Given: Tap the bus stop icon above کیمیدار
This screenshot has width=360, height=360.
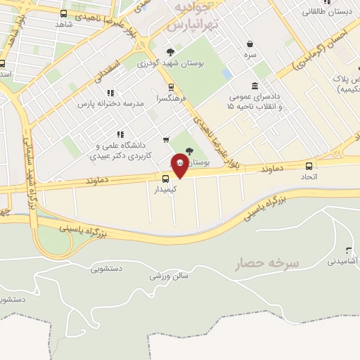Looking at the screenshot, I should (166, 179).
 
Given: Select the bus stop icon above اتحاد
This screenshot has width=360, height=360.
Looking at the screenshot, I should (309, 166).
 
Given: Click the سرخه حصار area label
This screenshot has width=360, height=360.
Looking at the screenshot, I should (269, 262).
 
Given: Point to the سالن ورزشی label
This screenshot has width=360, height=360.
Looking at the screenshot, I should (169, 276).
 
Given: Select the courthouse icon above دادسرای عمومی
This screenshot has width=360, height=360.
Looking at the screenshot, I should (253, 86).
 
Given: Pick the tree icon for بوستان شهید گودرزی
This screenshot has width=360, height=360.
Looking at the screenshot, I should (171, 52).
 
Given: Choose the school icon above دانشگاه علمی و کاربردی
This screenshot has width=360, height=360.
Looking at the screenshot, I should (121, 134).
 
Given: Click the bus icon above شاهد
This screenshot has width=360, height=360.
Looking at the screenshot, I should (64, 13).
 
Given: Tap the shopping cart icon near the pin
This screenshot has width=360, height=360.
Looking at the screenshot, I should (166, 139).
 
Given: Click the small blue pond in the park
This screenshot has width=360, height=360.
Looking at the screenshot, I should (226, 73).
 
